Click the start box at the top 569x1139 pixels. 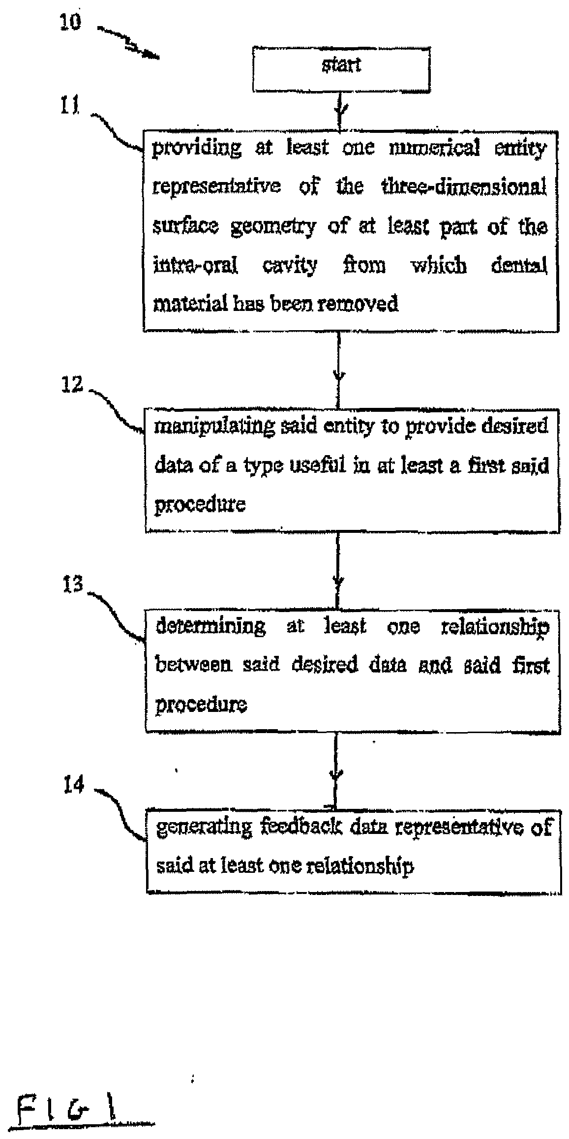[x=341, y=69]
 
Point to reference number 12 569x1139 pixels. [x=72, y=384]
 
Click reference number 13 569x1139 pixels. [x=73, y=585]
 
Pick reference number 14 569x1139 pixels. [x=74, y=785]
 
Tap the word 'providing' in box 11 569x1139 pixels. [x=197, y=148]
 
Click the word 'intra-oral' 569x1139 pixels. [x=196, y=266]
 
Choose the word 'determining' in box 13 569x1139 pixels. [x=210, y=626]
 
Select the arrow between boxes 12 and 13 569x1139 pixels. [x=337, y=571]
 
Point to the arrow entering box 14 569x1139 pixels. [x=336, y=771]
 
